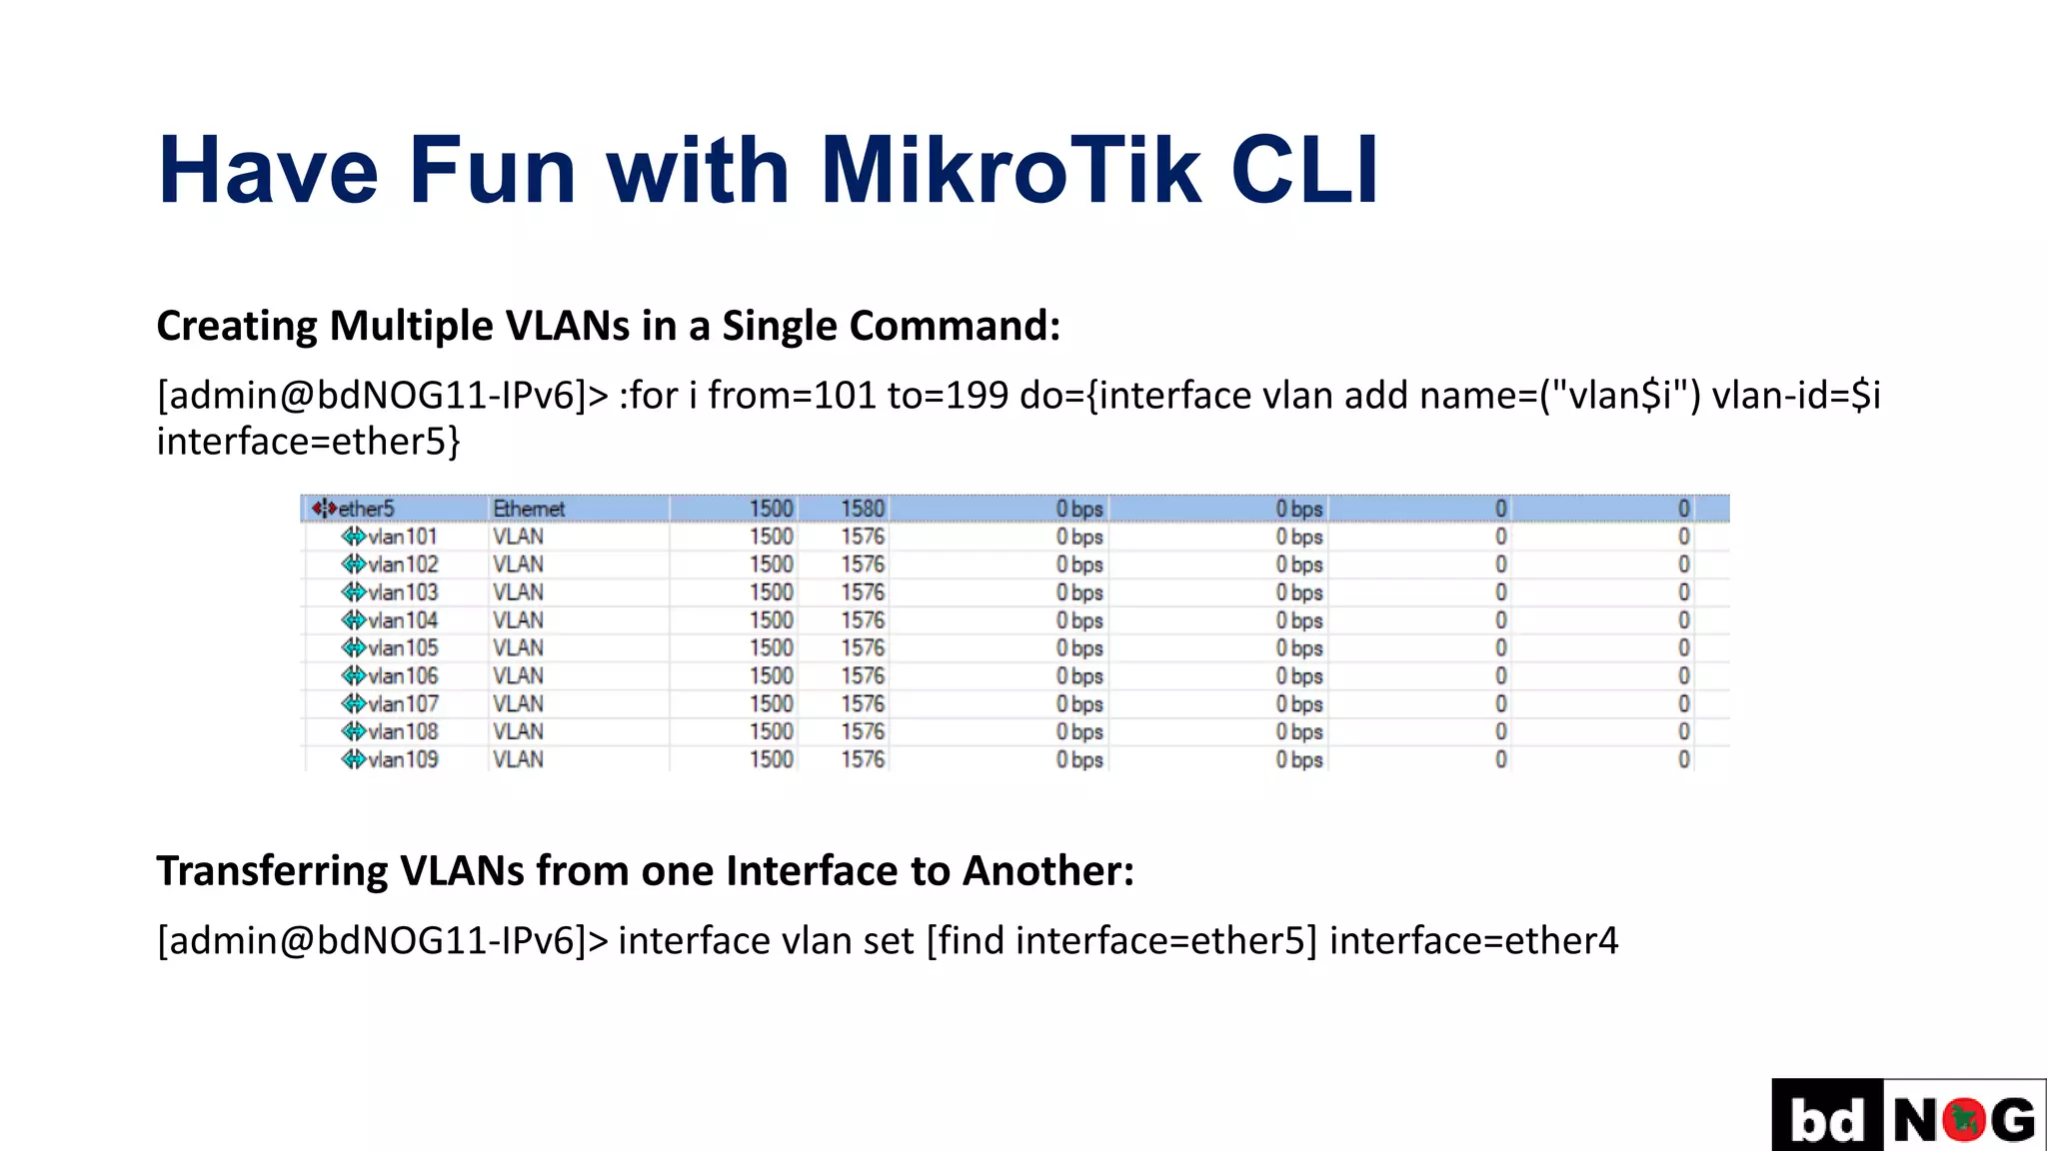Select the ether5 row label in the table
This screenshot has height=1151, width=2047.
click(366, 509)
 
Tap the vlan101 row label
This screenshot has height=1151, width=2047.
click(402, 537)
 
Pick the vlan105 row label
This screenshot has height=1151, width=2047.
click(402, 648)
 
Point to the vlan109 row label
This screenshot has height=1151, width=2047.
click(402, 759)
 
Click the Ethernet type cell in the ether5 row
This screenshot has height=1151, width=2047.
click(529, 509)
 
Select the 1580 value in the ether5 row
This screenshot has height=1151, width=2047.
click(862, 509)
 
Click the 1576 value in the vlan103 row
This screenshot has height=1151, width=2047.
click(862, 592)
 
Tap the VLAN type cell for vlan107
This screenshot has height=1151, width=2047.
click(518, 704)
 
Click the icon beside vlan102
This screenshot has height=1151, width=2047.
click(353, 565)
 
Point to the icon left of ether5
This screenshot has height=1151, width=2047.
click(323, 509)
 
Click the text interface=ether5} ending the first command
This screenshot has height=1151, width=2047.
click(308, 442)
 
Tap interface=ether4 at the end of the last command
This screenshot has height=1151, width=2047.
click(1473, 941)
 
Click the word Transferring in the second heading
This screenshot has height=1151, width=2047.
click(272, 871)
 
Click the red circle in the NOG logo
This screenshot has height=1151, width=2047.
click(1964, 1119)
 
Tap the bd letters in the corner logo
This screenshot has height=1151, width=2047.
click(1827, 1119)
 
